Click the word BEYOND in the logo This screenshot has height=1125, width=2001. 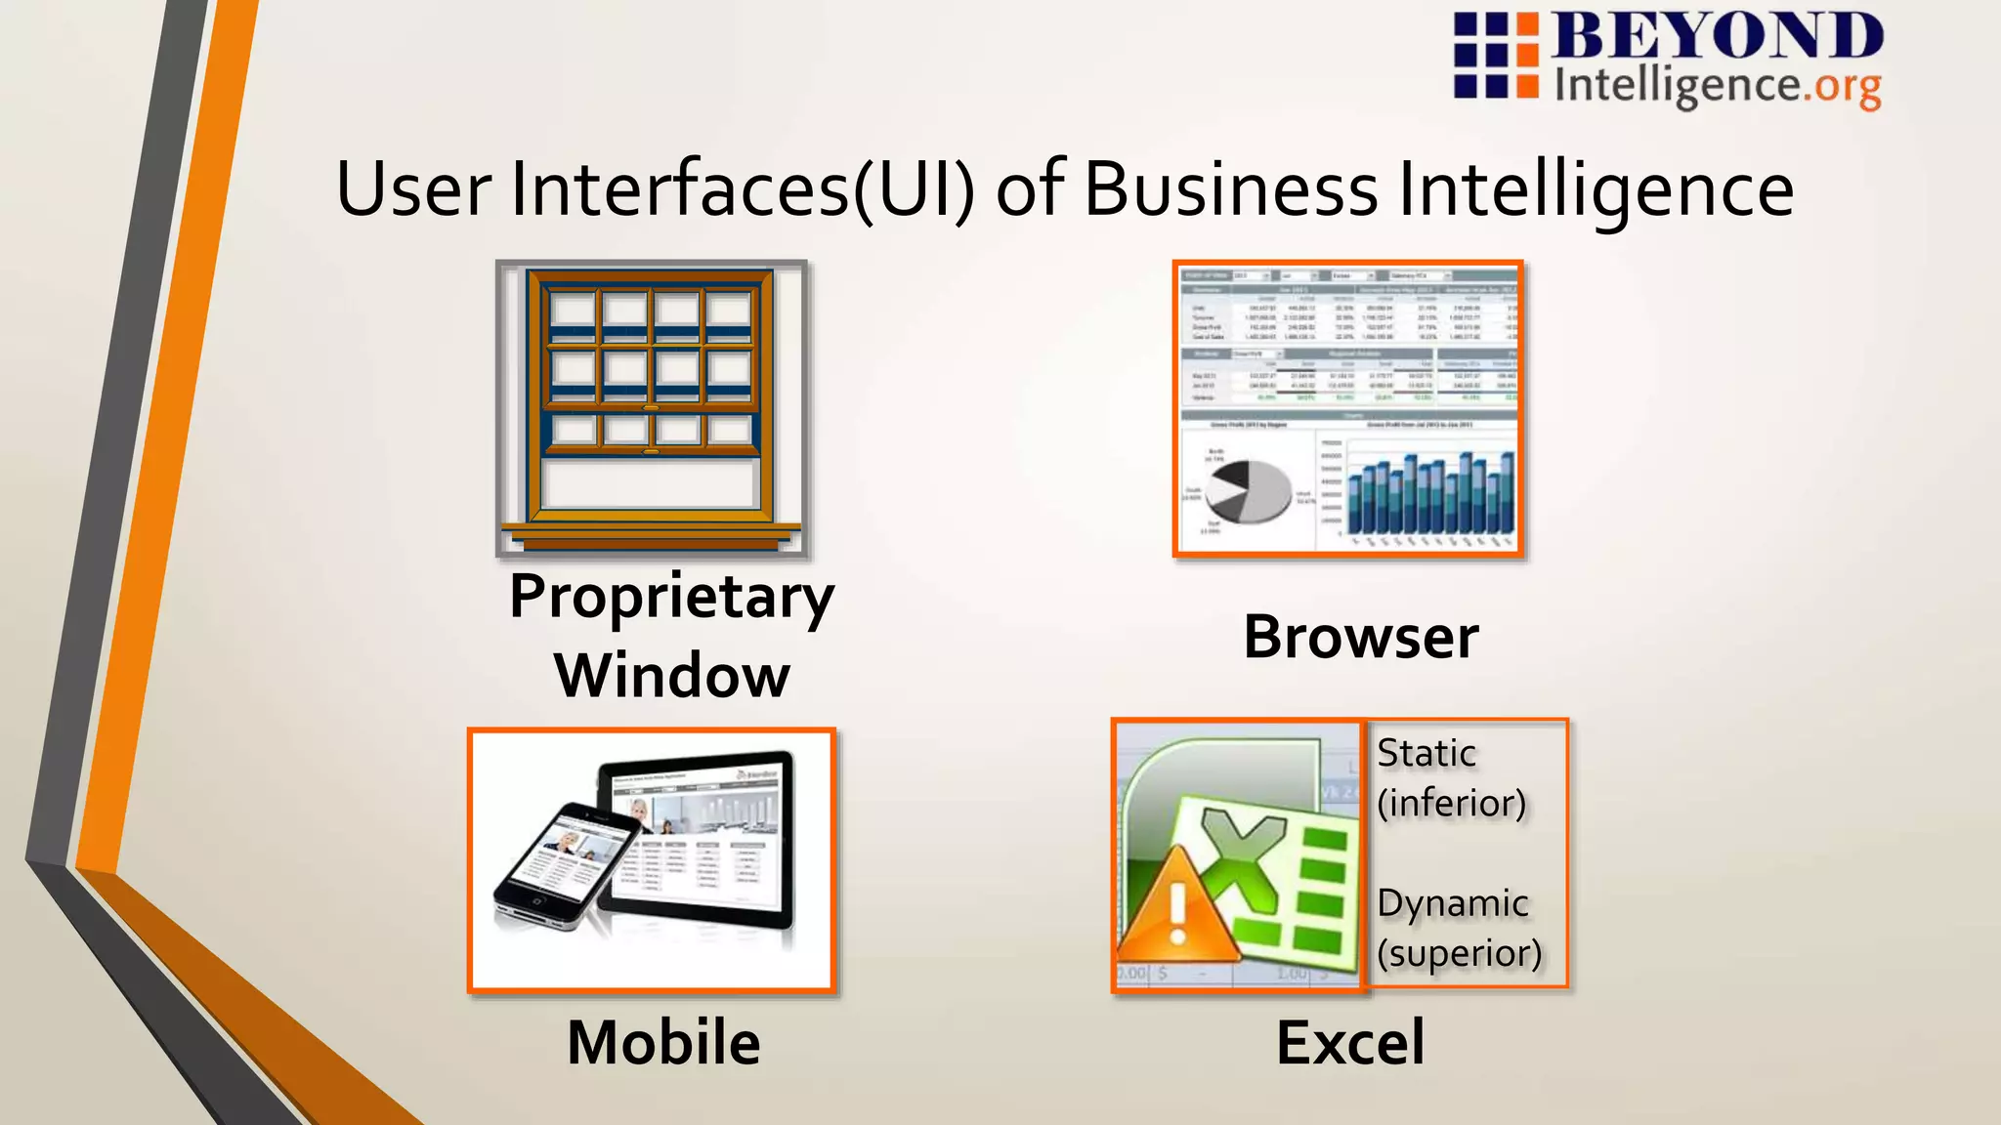point(1718,36)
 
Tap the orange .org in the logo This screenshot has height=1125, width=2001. point(1843,87)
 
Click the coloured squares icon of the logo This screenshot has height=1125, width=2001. point(1495,56)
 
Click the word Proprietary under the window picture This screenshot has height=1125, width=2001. point(672,597)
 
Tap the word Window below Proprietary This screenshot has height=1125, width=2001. point(672,676)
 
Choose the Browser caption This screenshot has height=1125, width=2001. point(1361,638)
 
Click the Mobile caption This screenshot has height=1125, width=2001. point(663,1042)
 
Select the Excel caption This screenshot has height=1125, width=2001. point(1350,1042)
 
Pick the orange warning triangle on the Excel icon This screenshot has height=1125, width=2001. point(1176,907)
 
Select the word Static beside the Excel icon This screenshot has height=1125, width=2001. point(1426,754)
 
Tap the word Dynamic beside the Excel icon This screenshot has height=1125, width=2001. point(1453,903)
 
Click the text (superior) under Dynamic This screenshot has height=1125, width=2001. point(1460,953)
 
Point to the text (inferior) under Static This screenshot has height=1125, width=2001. point(1452,804)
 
